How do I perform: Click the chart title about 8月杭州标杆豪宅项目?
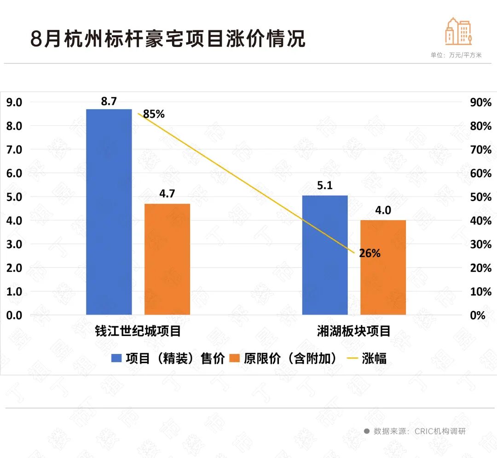point(168,39)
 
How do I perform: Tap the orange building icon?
point(458,31)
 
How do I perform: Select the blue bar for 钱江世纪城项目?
point(109,212)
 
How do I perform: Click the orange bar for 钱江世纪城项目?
point(167,259)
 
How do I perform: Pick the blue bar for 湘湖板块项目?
point(325,255)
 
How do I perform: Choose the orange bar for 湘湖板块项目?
point(383,267)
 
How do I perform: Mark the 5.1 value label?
point(325,186)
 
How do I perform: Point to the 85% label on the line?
point(154,114)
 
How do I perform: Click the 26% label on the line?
point(370,253)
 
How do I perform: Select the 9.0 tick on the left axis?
point(14,102)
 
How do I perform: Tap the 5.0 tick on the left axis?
point(14,197)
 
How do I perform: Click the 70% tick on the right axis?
point(481,150)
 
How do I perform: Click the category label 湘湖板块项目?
point(353,330)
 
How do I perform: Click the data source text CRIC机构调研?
point(440,431)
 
